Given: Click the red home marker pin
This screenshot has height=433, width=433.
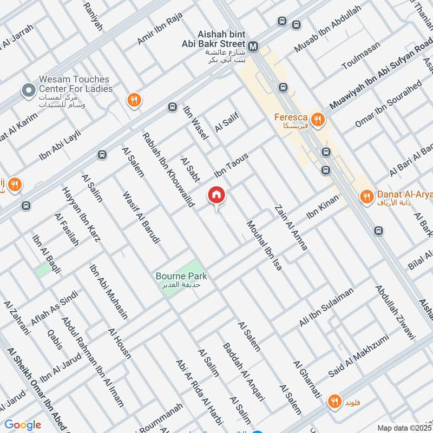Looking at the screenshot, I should [216, 195].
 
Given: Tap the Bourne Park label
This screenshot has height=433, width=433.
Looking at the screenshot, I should [181, 276].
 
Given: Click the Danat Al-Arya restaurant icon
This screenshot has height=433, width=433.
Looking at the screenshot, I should [367, 196].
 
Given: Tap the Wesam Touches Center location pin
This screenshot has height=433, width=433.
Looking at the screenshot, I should [26, 90].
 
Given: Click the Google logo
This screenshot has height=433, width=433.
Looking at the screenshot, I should [23, 425].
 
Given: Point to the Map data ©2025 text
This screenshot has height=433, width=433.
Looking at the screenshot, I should [403, 428].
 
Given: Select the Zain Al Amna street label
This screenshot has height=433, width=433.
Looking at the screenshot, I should [291, 227].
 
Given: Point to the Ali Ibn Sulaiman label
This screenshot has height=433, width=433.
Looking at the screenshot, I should [326, 307].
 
